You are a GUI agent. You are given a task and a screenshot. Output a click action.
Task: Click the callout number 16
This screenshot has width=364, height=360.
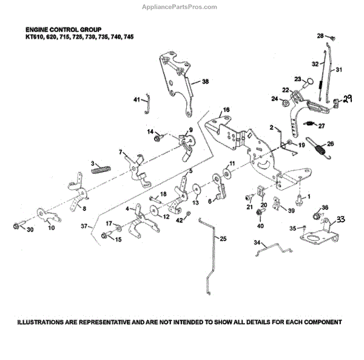[226, 110]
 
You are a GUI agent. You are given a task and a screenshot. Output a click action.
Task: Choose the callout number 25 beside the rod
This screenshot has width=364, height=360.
[223, 239]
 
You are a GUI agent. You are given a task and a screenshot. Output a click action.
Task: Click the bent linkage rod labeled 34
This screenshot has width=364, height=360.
[276, 248]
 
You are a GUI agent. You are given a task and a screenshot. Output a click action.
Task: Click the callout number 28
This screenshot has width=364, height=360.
[320, 36]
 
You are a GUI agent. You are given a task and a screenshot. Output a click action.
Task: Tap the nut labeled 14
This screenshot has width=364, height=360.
[157, 139]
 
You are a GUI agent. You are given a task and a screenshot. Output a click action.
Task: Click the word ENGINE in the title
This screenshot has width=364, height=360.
[39, 29]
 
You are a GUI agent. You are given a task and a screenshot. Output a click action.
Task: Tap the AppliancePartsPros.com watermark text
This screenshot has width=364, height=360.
[182, 7]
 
